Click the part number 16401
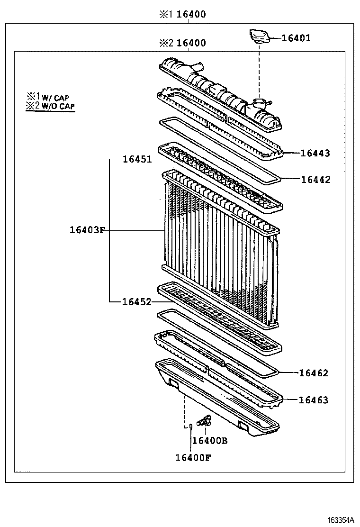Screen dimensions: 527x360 click(297, 38)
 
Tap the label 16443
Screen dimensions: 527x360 click(315, 153)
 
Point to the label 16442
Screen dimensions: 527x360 click(315, 180)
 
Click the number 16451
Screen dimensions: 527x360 click(137, 159)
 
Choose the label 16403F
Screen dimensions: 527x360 click(86, 231)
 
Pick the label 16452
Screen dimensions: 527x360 click(137, 301)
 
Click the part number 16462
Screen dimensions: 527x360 click(314, 373)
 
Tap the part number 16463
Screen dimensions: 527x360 click(314, 400)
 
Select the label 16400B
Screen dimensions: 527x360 click(210, 441)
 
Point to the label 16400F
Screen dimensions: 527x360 click(193, 457)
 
